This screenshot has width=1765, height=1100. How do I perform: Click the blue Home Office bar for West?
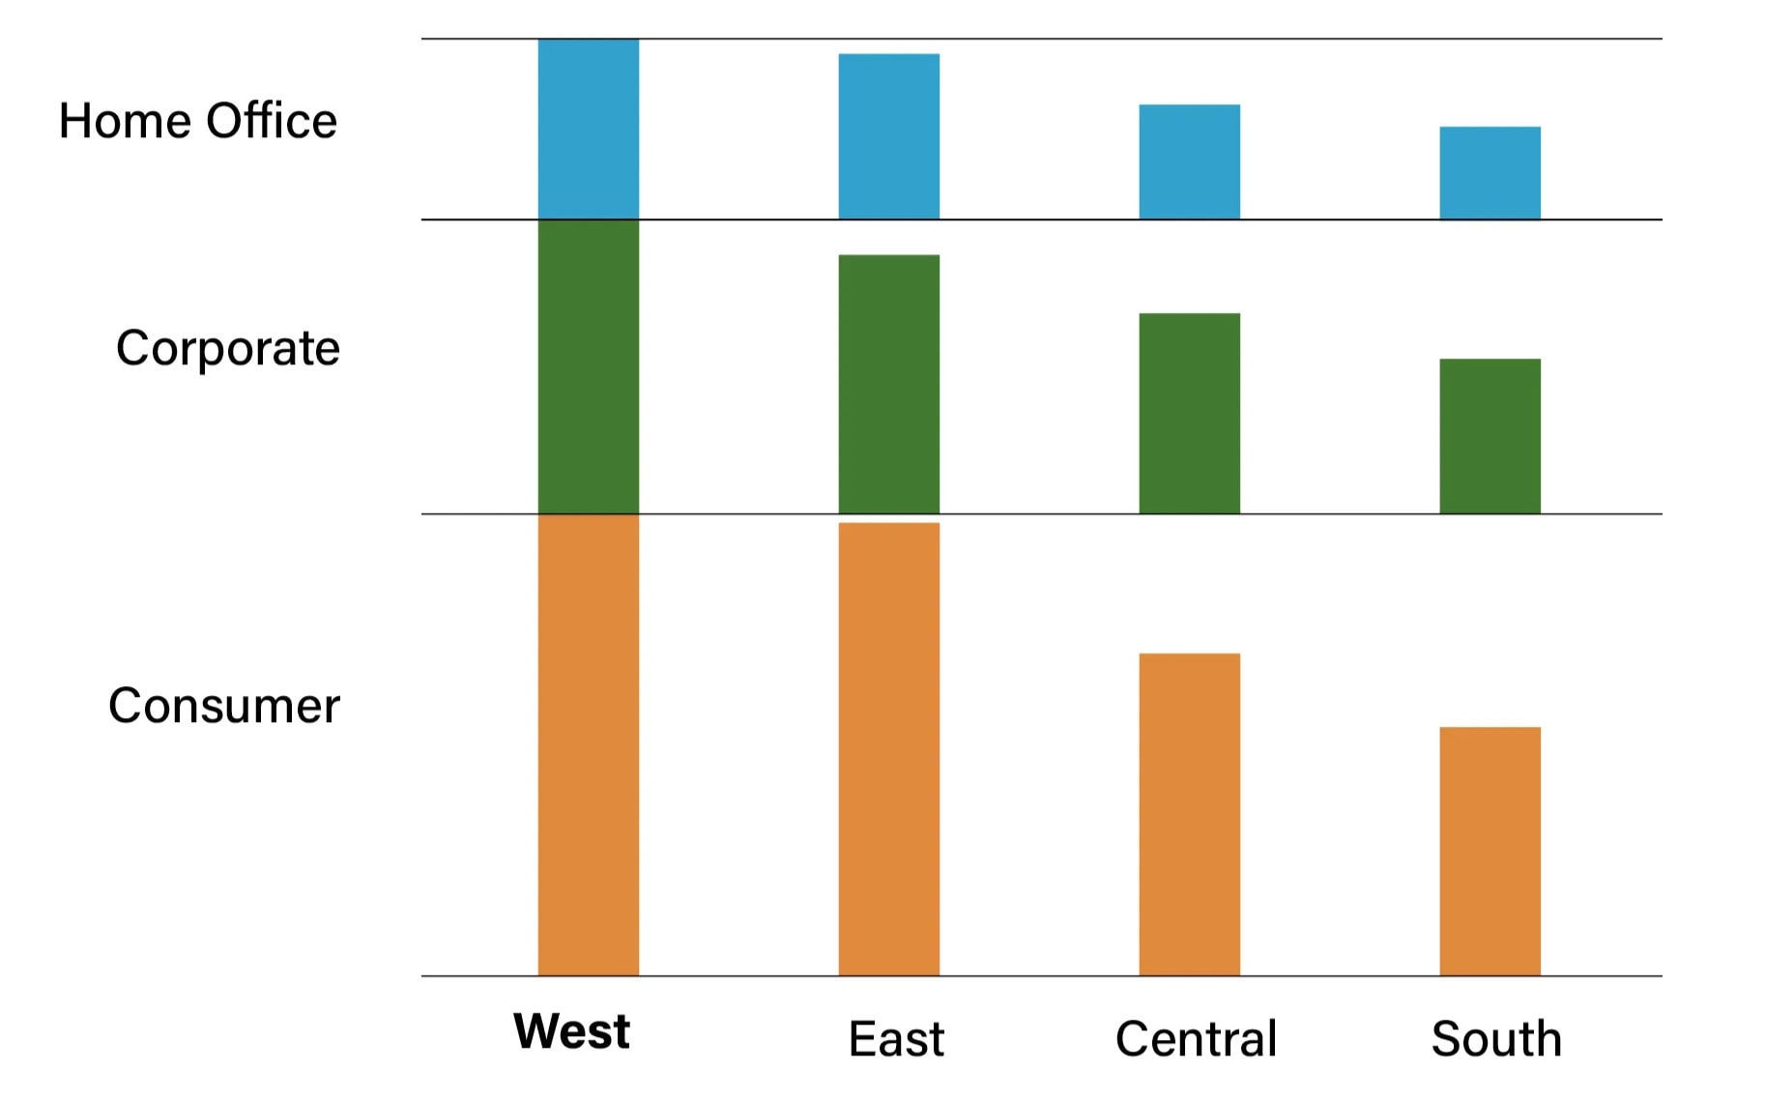point(588,129)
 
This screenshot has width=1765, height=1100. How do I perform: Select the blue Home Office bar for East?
point(888,136)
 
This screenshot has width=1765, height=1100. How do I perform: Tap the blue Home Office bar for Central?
point(1189,161)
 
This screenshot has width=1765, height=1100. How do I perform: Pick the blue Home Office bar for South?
point(1490,173)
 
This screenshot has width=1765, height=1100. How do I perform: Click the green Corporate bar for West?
point(588,366)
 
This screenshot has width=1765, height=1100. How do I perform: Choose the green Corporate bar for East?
point(888,384)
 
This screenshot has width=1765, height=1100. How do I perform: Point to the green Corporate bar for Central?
point(1189,413)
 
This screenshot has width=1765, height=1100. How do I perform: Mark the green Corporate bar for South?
point(1490,436)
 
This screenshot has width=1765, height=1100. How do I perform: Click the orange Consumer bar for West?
point(588,744)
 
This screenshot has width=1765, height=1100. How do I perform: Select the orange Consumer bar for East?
point(888,749)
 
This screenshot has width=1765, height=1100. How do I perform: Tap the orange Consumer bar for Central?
point(1189,814)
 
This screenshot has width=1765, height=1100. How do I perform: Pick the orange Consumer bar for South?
point(1490,851)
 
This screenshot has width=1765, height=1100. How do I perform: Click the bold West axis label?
point(571,1031)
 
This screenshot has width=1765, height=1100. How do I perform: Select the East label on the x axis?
point(896,1039)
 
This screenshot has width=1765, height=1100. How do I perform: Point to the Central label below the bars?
point(1196,1039)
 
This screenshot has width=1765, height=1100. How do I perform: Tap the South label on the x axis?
point(1496,1039)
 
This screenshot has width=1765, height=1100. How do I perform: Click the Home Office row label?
point(198,122)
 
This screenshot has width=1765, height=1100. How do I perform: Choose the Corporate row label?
point(228,349)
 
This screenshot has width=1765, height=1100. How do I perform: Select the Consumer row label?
point(224,706)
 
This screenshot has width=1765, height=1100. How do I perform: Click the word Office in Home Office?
point(272,122)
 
